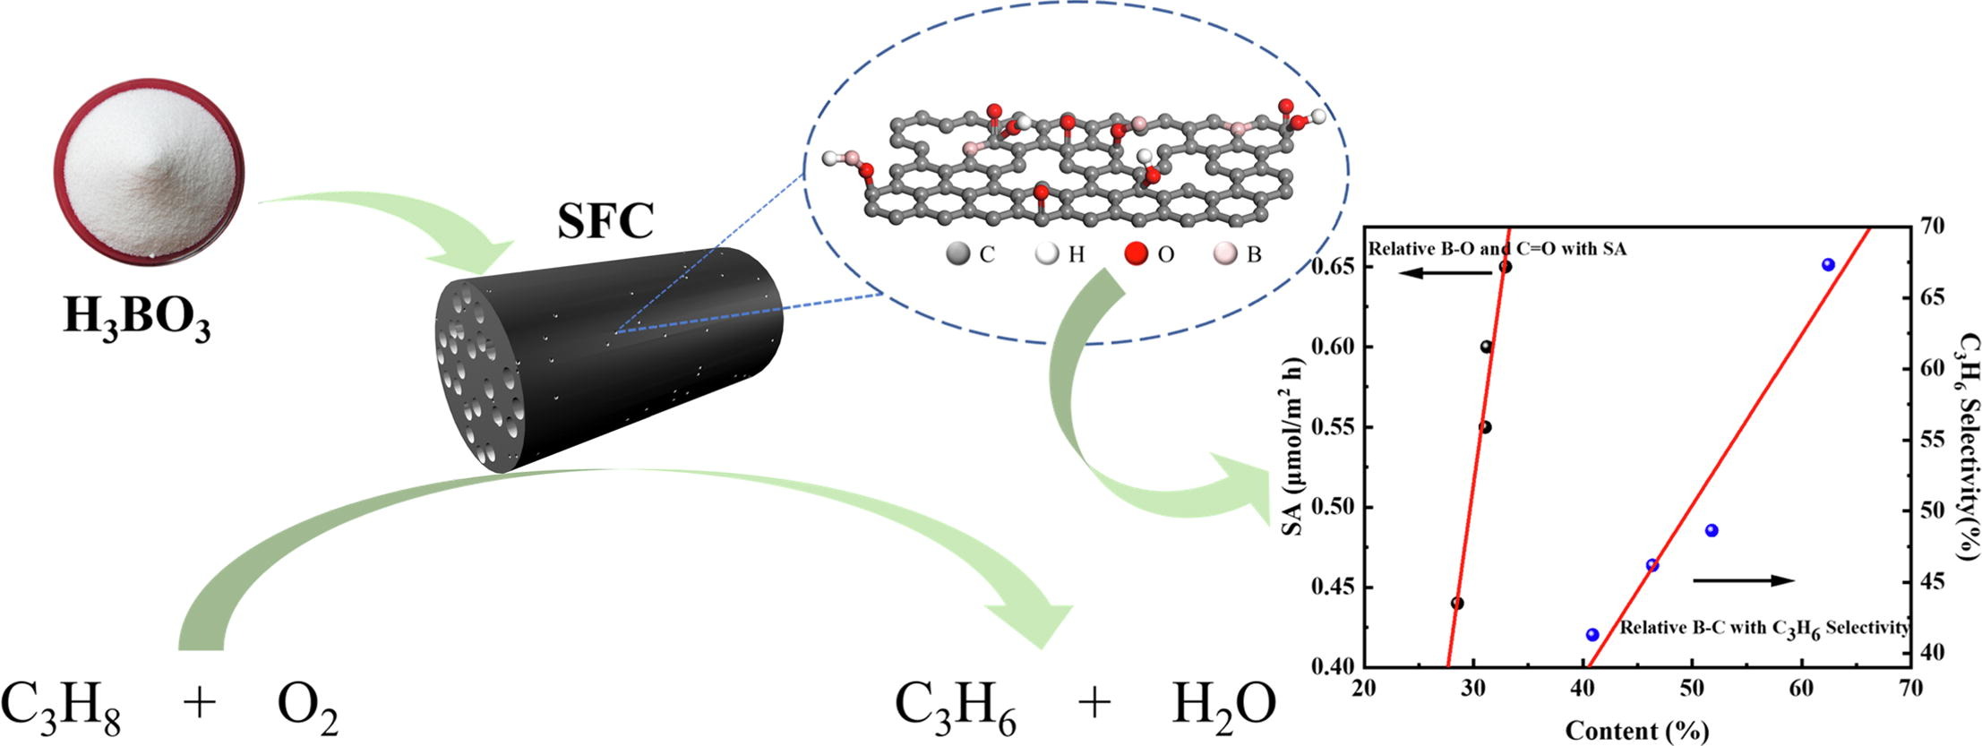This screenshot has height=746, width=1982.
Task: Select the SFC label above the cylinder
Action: pos(605,221)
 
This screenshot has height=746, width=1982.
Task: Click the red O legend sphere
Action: pos(1137,253)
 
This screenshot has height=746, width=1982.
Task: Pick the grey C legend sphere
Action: pos(958,253)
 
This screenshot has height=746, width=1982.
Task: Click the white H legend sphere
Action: pos(1046,253)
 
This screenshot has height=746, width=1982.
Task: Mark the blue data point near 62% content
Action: pos(1829,264)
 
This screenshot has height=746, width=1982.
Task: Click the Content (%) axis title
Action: pos(1637,731)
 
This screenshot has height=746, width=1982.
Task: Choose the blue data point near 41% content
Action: pos(1592,635)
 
